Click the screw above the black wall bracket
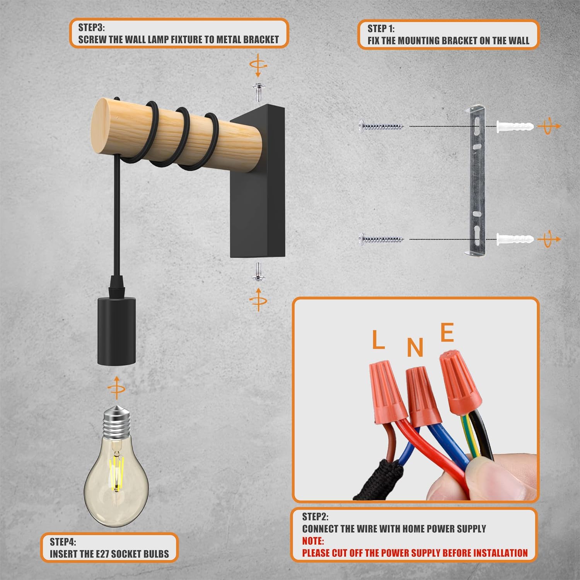tap(258, 92)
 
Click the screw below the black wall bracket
tap(258, 271)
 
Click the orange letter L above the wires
tap(379, 339)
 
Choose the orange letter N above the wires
tap(415, 347)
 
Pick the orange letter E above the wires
tap(447, 333)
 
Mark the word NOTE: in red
tap(313, 541)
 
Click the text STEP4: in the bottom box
tap(63, 542)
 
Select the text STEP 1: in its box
tap(381, 29)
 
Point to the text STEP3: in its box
tap(92, 27)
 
